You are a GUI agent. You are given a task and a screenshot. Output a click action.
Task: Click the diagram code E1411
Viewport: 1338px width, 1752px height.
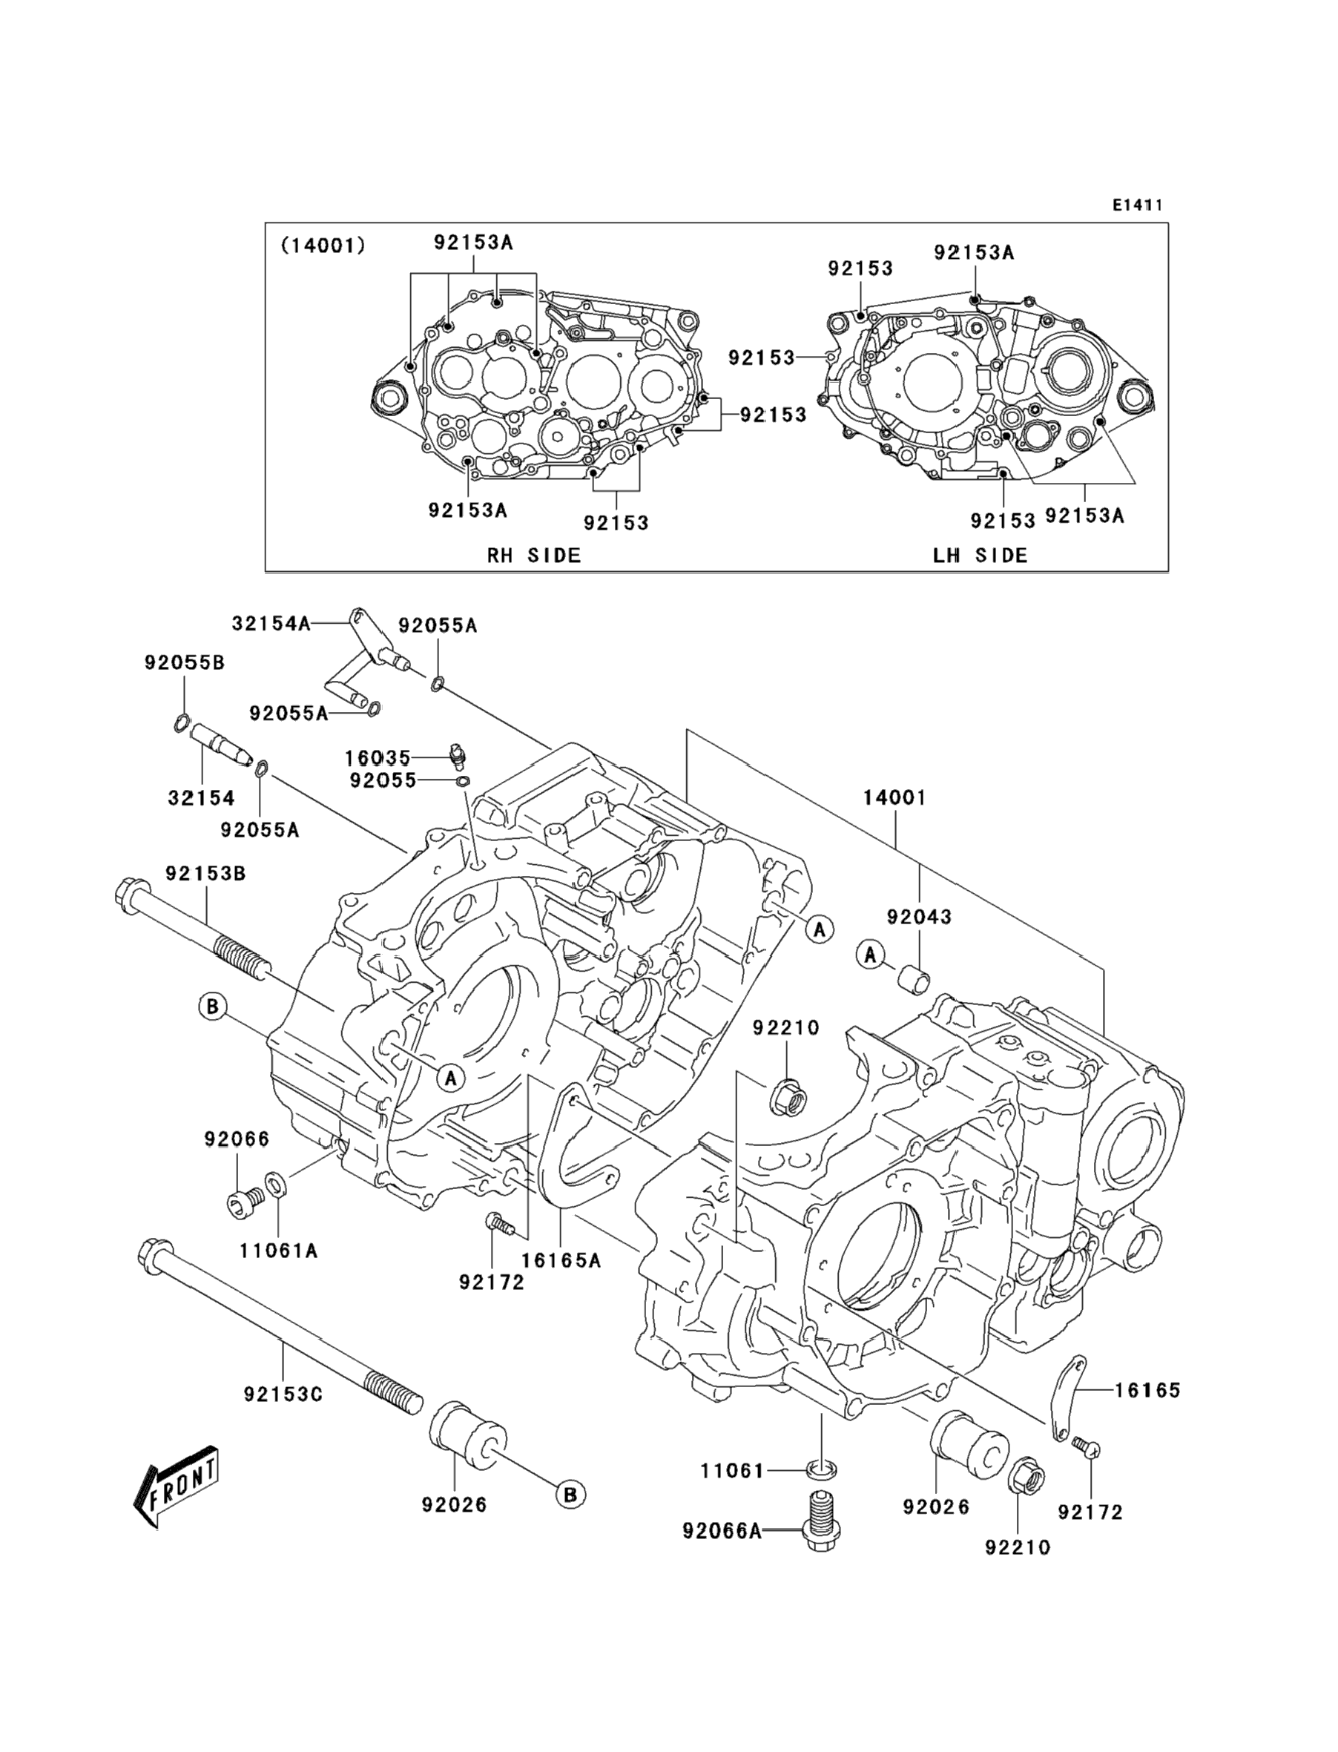click(1137, 205)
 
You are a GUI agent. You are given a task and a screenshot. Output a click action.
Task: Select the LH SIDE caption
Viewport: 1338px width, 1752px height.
click(981, 555)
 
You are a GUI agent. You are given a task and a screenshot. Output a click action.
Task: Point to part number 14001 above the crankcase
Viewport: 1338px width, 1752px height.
click(895, 797)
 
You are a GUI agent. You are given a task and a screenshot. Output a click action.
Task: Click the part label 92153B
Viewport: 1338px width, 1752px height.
click(205, 874)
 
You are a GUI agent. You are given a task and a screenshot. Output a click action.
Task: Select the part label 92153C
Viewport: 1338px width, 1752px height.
click(283, 1394)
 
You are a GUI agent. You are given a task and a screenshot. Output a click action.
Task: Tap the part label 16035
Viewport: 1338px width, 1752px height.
click(378, 757)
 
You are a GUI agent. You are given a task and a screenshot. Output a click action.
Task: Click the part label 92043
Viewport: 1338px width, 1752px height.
click(919, 917)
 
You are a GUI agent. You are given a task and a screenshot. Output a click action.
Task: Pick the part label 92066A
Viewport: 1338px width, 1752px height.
click(722, 1531)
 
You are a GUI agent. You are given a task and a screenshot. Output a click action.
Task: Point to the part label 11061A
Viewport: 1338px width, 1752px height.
click(279, 1251)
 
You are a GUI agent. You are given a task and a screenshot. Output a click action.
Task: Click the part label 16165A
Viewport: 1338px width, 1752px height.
click(561, 1261)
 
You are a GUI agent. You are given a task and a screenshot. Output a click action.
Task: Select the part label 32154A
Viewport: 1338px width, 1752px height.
click(271, 624)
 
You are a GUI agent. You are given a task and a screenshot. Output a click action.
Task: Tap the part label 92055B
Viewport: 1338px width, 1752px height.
click(185, 662)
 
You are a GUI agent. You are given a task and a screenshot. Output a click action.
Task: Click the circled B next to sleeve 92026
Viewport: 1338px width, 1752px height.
click(570, 1495)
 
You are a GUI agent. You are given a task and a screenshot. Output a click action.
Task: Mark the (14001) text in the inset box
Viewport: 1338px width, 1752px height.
click(323, 246)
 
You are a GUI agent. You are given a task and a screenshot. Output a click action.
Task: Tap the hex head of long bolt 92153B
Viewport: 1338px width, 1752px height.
click(130, 890)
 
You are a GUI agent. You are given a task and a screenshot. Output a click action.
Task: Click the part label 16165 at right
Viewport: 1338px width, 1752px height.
click(1147, 1391)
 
